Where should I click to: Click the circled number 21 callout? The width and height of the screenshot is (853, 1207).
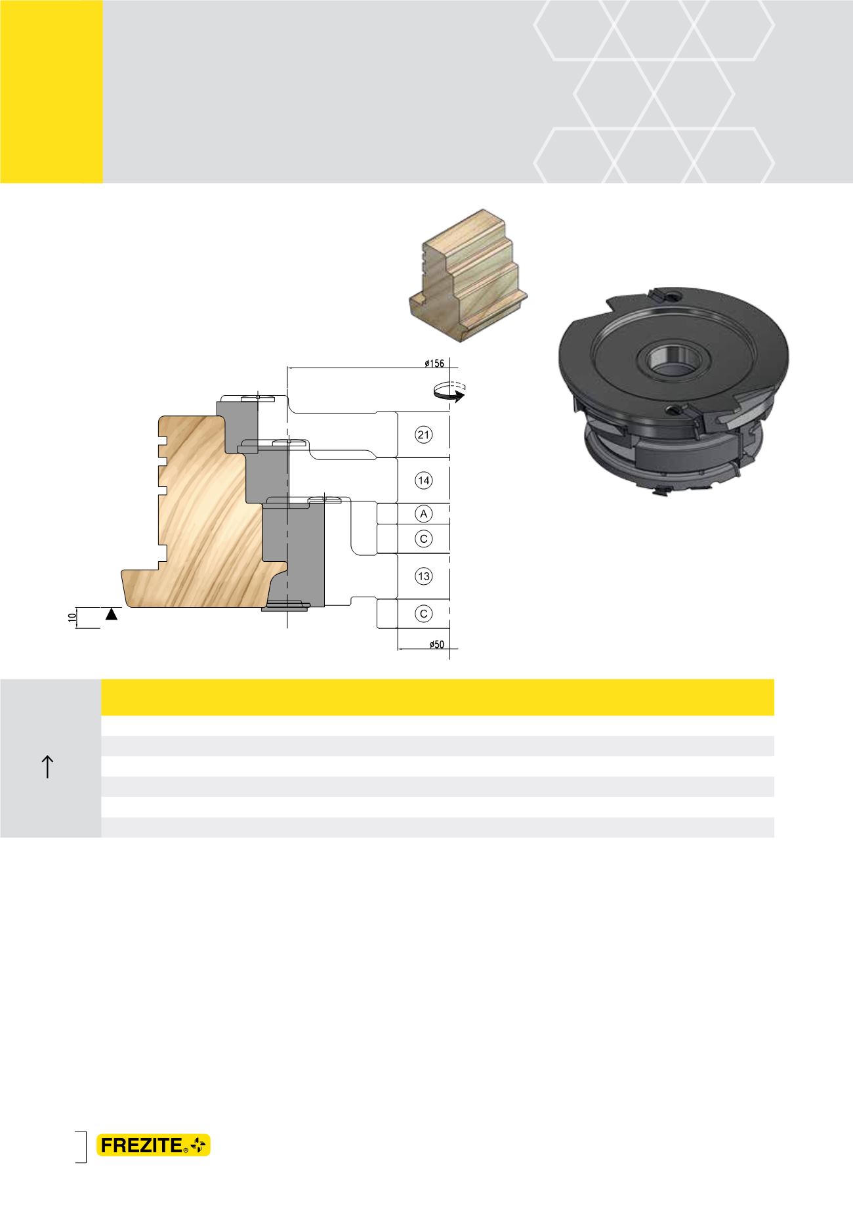pyautogui.click(x=424, y=434)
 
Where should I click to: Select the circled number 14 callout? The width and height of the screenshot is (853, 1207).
pyautogui.click(x=424, y=480)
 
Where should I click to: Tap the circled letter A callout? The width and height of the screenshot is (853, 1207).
pyautogui.click(x=424, y=513)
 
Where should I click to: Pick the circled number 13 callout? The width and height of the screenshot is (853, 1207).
pyautogui.click(x=424, y=576)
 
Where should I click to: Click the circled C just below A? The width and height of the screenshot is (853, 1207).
pyautogui.click(x=424, y=539)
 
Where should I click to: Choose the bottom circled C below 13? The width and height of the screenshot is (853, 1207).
pyautogui.click(x=424, y=614)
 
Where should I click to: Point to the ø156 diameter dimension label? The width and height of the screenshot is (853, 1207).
pyautogui.click(x=436, y=363)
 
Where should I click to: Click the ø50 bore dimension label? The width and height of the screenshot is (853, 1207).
pyautogui.click(x=436, y=645)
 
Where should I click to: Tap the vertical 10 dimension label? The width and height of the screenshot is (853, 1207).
pyautogui.click(x=70, y=617)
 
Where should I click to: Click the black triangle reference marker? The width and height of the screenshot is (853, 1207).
pyautogui.click(x=112, y=614)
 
